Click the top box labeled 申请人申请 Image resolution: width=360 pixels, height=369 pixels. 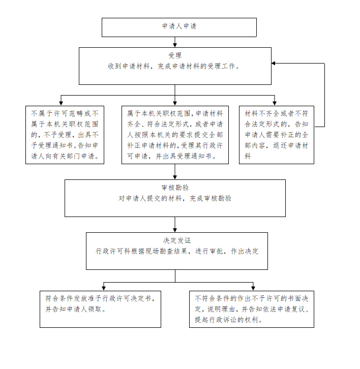(179, 27)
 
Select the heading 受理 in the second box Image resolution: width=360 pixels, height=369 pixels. (175, 55)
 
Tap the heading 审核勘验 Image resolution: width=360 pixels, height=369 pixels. (175, 188)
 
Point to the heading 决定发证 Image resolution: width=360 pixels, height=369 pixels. (177, 240)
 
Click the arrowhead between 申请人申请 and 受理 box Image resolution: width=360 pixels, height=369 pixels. (175, 45)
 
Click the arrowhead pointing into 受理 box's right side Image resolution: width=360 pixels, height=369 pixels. (274, 64)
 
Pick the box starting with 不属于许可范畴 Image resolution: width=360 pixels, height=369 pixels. (65, 135)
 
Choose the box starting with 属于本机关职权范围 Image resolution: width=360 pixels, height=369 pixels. (175, 135)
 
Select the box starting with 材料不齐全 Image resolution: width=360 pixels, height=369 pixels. (277, 135)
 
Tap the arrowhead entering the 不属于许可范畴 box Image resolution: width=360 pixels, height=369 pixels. (61, 103)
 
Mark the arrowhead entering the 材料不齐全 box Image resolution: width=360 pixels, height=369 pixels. (275, 103)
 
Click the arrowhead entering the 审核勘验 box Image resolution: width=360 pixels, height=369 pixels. (175, 177)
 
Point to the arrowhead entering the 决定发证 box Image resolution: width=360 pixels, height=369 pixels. (175, 230)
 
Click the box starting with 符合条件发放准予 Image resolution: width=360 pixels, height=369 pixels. (100, 309)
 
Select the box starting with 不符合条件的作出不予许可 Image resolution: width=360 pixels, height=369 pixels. (252, 309)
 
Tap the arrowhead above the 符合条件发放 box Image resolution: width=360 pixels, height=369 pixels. (104, 288)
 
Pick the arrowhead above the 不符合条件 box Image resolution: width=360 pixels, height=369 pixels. (253, 288)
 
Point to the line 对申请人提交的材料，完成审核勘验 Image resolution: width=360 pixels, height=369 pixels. (175, 198)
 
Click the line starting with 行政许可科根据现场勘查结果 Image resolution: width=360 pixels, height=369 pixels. (177, 251)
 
